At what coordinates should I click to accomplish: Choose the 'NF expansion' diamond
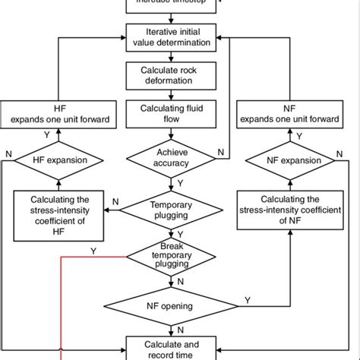[x=289, y=160]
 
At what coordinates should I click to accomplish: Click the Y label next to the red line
[x=93, y=250]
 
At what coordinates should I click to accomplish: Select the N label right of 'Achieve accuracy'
[x=221, y=153]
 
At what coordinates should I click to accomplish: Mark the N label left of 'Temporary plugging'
[x=115, y=202]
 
